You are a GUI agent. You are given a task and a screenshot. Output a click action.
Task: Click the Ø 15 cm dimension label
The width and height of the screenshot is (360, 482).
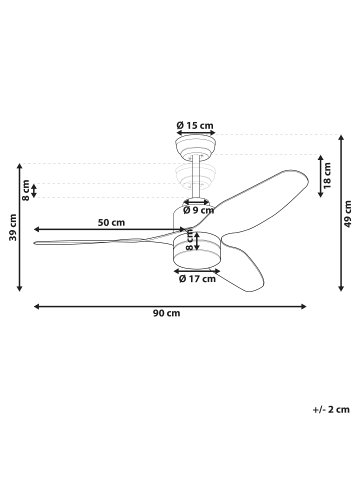coord(195,126)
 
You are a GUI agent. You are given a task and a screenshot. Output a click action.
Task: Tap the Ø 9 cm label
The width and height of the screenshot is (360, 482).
coord(199,210)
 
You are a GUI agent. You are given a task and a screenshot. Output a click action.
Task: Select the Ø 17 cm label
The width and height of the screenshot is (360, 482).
coord(197,279)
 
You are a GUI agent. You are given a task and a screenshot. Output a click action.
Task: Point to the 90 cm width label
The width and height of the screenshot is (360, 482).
coord(167,313)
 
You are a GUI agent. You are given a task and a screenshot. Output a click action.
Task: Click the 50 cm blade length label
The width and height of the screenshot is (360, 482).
coord(111,222)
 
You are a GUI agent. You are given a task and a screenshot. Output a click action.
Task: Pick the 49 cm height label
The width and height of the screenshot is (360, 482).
coord(348,214)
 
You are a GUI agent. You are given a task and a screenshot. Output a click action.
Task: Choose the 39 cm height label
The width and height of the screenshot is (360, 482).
coord(13,227)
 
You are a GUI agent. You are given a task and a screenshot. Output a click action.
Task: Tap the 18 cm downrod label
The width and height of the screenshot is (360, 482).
coord(327,175)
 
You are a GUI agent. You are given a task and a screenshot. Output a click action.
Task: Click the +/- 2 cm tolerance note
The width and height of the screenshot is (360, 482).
coord(331,409)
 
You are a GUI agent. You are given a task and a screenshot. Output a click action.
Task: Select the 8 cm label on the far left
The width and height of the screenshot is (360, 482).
coord(26,190)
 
